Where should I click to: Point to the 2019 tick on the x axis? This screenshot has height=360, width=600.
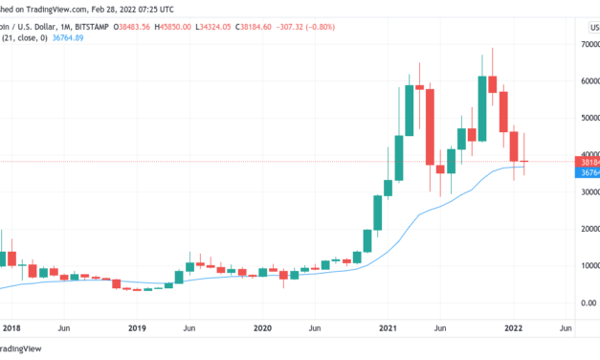click(x=138, y=327)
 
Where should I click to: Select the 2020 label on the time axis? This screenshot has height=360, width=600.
click(x=262, y=327)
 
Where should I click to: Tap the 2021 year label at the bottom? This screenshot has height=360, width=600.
click(x=388, y=327)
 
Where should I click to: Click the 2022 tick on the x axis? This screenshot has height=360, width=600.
click(x=513, y=327)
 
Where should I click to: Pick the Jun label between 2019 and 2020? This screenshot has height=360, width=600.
click(x=189, y=327)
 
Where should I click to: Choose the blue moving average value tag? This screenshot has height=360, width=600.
click(x=586, y=171)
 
